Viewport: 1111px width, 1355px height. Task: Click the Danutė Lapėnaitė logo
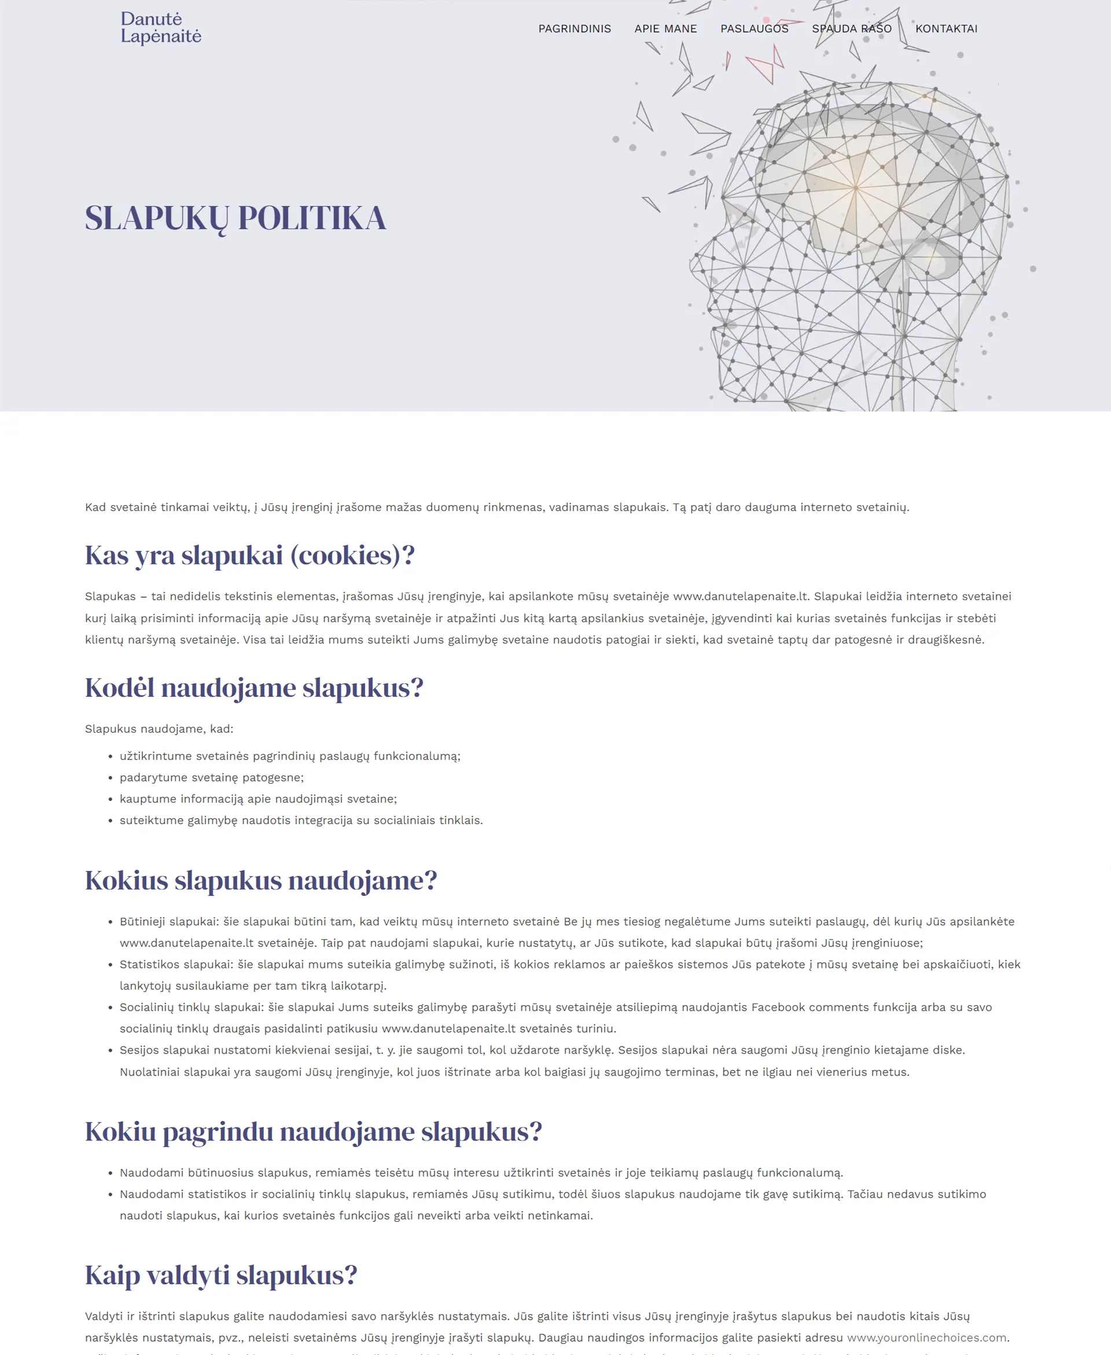(x=161, y=28)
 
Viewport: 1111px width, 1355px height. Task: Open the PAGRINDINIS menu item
(x=574, y=29)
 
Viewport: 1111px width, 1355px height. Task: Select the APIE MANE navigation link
(x=665, y=29)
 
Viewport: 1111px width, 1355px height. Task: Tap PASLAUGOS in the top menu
(x=754, y=29)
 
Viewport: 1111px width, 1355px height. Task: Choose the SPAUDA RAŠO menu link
(x=851, y=29)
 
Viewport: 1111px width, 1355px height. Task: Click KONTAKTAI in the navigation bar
(x=946, y=29)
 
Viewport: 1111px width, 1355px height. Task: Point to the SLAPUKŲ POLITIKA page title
(x=236, y=218)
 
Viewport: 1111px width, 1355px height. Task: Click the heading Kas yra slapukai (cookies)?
(x=249, y=555)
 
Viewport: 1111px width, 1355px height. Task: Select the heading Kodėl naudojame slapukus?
(x=254, y=688)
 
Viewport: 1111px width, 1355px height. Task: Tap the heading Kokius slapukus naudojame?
(x=260, y=880)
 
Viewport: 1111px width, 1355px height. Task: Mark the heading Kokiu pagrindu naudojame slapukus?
(x=313, y=1132)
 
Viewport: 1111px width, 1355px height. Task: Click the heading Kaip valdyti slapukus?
(x=221, y=1275)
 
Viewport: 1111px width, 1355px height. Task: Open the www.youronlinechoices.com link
(x=926, y=1337)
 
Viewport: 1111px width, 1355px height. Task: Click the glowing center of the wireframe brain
(x=856, y=188)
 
